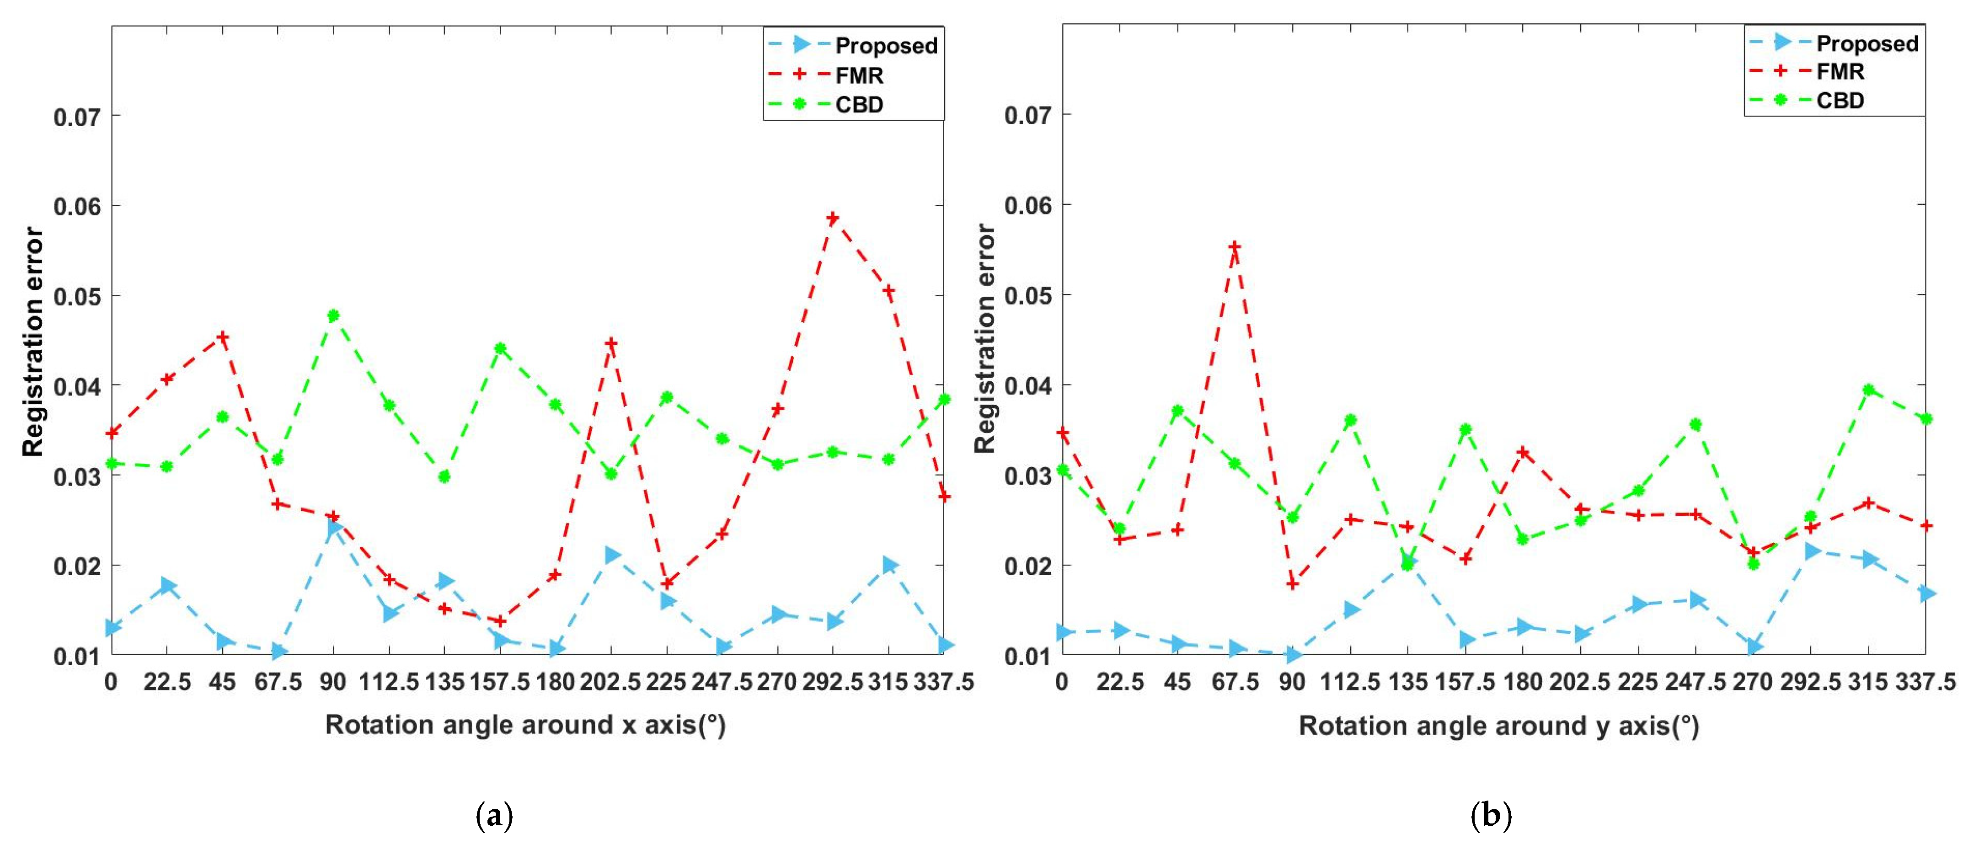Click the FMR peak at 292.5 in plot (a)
833,218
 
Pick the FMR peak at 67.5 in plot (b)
1235,246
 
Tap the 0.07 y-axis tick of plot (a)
77,117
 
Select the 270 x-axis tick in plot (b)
1752,681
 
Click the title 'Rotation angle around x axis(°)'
525,724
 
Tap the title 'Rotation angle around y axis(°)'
1499,726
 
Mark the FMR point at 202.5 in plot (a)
611,342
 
